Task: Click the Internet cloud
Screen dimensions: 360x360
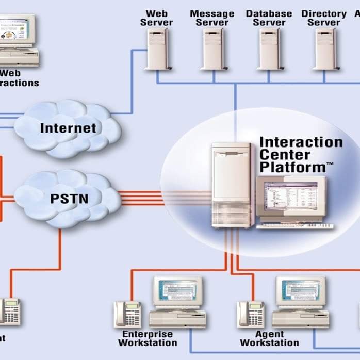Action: pyautogui.click(x=68, y=128)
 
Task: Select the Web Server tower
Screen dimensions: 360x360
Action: pyautogui.click(x=157, y=49)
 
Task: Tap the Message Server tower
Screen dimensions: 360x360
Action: pyautogui.click(x=212, y=49)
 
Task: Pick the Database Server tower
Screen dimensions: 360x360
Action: pyautogui.click(x=269, y=49)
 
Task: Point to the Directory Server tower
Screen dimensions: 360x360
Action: pyautogui.click(x=325, y=49)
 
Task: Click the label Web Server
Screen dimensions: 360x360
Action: pyautogui.click(x=157, y=18)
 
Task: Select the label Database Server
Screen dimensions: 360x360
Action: pyautogui.click(x=269, y=18)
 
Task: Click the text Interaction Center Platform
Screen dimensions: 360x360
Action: pyautogui.click(x=301, y=154)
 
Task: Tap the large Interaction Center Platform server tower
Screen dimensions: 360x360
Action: pyautogui.click(x=232, y=186)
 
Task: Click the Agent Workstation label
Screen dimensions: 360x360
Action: pyautogui.click(x=269, y=339)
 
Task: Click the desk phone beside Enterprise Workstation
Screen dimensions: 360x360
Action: pyautogui.click(x=127, y=314)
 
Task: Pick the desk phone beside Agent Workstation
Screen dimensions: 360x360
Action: pyautogui.click(x=251, y=314)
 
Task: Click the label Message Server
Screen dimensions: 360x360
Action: pyautogui.click(x=212, y=18)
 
